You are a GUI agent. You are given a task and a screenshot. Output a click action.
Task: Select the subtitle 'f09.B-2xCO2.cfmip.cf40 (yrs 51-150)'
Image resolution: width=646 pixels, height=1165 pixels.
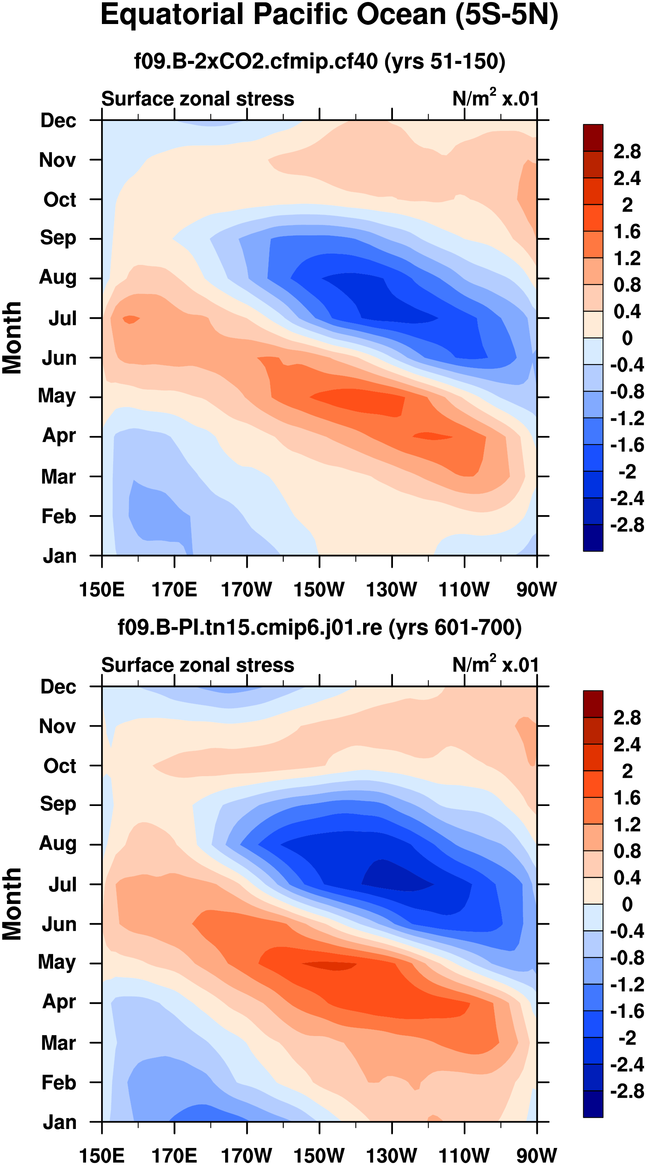tap(319, 61)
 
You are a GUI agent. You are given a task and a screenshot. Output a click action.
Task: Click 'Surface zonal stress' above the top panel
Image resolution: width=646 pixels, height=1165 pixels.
tap(197, 99)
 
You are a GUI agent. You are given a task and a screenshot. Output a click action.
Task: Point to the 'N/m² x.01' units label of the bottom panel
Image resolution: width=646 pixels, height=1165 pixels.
tap(495, 664)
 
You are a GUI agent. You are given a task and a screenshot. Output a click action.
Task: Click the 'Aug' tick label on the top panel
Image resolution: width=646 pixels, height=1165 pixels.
tap(58, 277)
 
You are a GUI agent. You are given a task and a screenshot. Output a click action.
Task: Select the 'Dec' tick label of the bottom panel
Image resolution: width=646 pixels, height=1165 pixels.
tap(58, 687)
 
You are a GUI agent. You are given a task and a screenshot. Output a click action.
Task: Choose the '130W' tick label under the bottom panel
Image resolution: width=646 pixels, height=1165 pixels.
tap(391, 1155)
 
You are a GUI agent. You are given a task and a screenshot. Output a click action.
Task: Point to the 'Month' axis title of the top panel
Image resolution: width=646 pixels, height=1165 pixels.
tap(12, 338)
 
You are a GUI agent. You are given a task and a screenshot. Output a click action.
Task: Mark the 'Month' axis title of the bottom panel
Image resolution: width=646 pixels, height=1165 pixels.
tap(12, 904)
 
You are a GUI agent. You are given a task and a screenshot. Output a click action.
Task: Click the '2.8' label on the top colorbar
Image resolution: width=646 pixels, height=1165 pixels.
tap(627, 151)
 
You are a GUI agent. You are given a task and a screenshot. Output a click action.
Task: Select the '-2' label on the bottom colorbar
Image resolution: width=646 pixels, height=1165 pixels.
tap(627, 1038)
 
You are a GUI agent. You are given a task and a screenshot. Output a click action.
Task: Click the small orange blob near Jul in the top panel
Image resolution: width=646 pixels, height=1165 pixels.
tap(131, 319)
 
